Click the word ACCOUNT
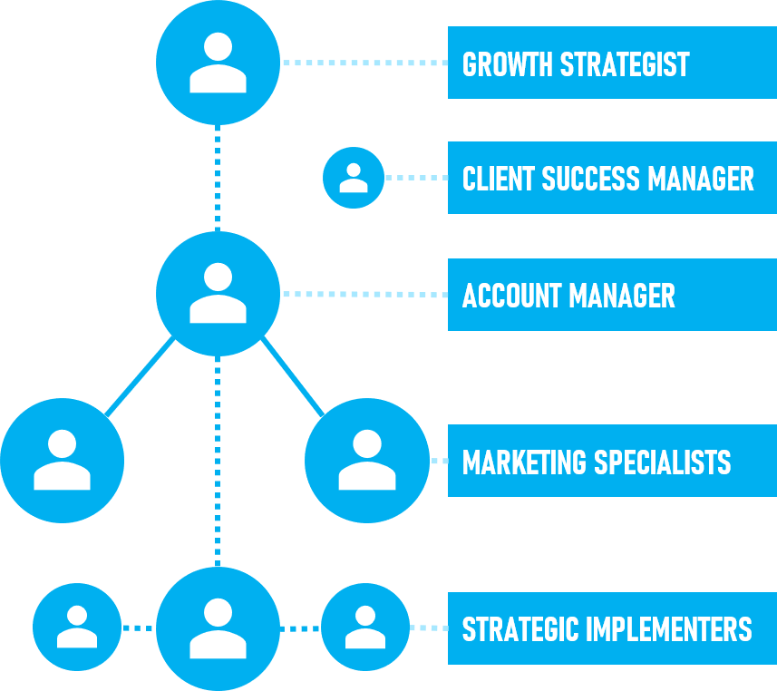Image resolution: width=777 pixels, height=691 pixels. tap(511, 296)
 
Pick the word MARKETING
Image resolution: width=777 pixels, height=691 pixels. tap(524, 462)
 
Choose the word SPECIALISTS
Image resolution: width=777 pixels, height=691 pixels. tap(663, 462)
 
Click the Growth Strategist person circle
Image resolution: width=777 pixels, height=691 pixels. tap(218, 63)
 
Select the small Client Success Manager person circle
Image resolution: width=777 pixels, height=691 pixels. tap(354, 177)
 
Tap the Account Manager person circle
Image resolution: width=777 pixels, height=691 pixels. tap(218, 293)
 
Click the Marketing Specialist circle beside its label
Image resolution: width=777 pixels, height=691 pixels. tap(366, 461)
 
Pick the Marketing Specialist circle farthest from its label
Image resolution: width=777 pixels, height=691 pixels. tap(62, 461)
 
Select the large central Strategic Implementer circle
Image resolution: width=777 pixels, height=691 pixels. tap(218, 628)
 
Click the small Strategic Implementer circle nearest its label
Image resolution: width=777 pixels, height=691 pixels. tap(365, 628)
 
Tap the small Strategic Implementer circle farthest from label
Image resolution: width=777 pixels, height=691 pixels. tap(77, 628)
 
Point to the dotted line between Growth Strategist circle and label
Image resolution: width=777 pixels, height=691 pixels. tap(364, 63)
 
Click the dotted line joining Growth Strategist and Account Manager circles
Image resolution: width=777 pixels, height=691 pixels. tap(219, 178)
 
